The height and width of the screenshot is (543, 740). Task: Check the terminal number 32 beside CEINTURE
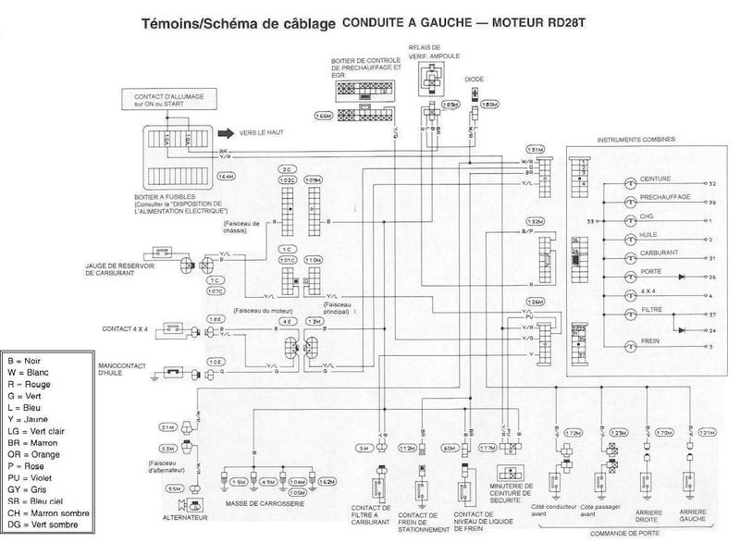tap(712, 184)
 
